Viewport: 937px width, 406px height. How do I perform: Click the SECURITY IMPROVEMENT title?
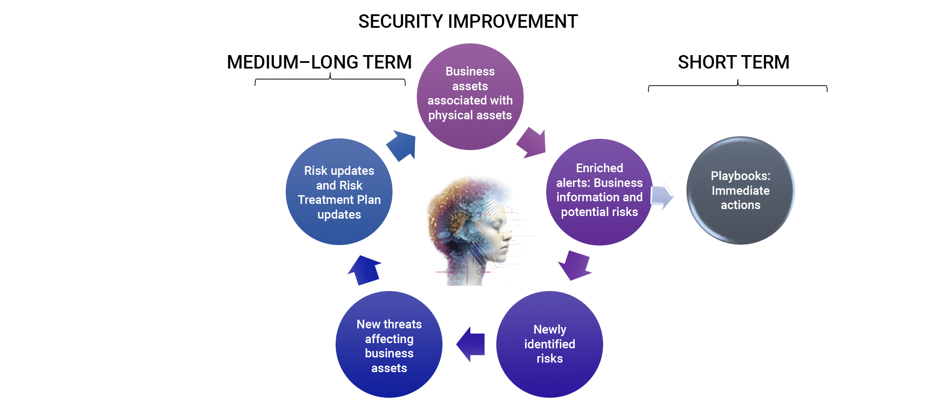coord(468,21)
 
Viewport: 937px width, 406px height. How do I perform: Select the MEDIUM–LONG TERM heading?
coord(319,62)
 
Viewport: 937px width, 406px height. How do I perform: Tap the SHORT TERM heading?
coord(733,62)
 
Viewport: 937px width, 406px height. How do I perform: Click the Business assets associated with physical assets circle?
coord(470,96)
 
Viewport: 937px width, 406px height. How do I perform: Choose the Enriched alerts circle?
coord(599,192)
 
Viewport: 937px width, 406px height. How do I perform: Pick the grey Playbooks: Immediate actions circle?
coord(740,190)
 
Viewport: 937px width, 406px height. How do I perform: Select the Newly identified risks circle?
coord(549,344)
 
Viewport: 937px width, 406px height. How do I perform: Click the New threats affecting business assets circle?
coord(389,344)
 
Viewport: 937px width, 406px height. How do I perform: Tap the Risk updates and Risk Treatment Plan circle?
coord(339,192)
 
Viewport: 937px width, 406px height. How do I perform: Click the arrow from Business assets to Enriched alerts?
coord(532,143)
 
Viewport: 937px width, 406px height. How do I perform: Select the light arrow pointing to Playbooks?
coord(661,196)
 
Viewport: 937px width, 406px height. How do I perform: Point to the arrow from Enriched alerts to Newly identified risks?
coord(574,265)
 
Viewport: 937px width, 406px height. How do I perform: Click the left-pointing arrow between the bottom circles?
coord(471,344)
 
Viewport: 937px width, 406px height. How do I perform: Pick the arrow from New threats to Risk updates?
coord(364,269)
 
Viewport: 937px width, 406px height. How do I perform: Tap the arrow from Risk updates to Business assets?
coord(402,145)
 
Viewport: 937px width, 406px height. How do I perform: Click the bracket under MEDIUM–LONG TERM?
coord(330,79)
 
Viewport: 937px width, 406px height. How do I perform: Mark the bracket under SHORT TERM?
coord(737,86)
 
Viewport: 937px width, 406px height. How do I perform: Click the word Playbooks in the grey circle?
coord(740,176)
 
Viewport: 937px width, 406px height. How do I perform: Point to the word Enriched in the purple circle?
coord(599,168)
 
